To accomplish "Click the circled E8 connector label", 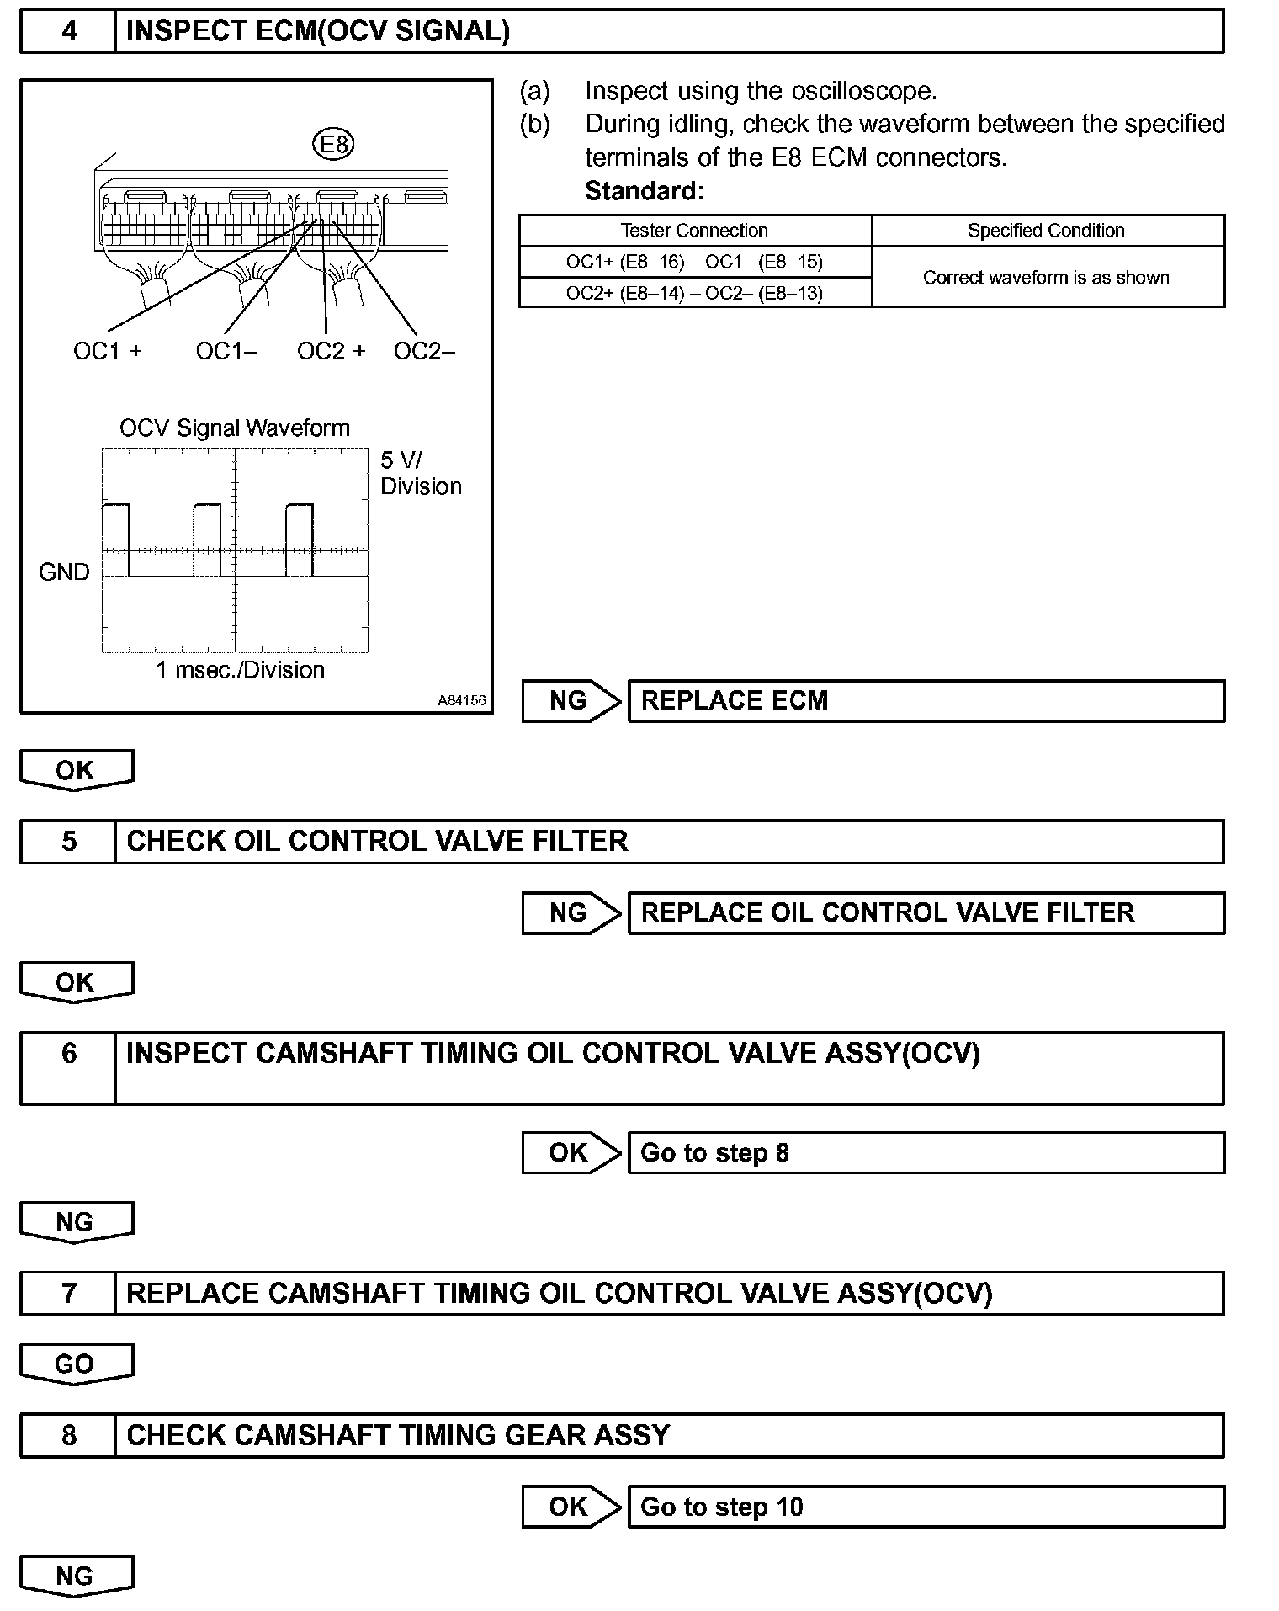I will (x=334, y=144).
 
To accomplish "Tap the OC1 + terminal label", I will (x=108, y=351).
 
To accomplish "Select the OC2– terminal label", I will (x=424, y=351).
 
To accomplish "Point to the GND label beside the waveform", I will (x=64, y=572).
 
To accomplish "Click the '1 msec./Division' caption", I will (x=240, y=670).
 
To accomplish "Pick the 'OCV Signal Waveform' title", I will (x=235, y=428).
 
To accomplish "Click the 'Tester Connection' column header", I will (x=694, y=231).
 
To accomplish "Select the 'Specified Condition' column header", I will (x=1046, y=231).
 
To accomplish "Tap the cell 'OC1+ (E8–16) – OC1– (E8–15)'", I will (x=694, y=262).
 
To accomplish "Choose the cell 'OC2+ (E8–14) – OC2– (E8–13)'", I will (x=694, y=293).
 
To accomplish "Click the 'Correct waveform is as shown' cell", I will (x=1046, y=278).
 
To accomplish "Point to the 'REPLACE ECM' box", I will (x=926, y=701).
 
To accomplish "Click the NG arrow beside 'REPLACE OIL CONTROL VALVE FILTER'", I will (x=571, y=912).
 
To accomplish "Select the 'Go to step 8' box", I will (x=926, y=1152).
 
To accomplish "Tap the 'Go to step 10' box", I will (x=926, y=1507).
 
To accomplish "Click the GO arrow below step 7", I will (x=76, y=1364).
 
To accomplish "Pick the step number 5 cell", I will (x=69, y=842).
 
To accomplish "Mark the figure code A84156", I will (x=461, y=700).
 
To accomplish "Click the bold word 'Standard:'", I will (x=644, y=191).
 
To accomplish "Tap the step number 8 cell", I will (x=69, y=1435).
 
